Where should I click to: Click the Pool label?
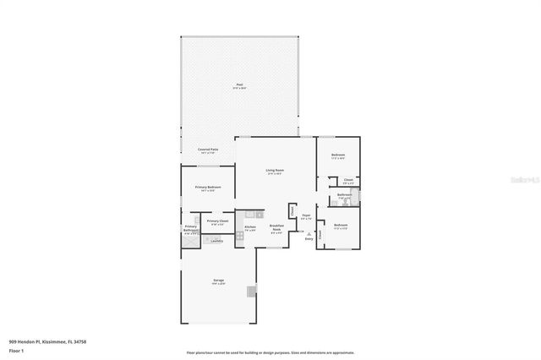tap(239, 85)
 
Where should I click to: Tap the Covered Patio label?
tap(209, 150)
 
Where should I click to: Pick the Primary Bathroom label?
tap(191, 228)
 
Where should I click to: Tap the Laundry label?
tap(216, 241)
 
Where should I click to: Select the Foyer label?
tap(306, 217)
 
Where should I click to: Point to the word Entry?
tap(309, 239)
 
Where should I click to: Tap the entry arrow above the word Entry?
tap(309, 232)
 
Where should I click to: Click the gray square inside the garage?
tap(250, 292)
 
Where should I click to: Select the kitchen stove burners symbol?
tap(239, 237)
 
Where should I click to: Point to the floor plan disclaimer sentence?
tap(270, 352)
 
